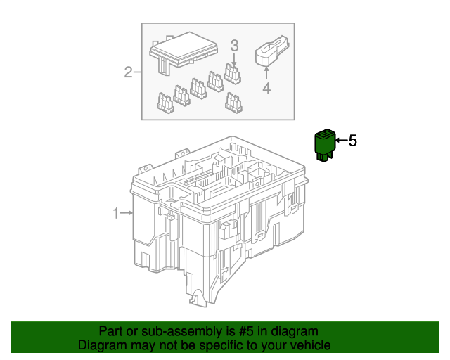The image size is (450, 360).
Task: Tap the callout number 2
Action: pyautogui.click(x=128, y=72)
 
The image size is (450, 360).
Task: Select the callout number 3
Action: pyautogui.click(x=235, y=45)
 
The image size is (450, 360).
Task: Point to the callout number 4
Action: pyautogui.click(x=266, y=89)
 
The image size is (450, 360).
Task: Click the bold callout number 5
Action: pyautogui.click(x=353, y=141)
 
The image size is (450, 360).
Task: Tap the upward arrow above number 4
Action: pyautogui.click(x=266, y=73)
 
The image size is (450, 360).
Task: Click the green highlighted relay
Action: pyautogui.click(x=323, y=144)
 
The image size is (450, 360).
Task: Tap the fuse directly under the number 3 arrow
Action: pyautogui.click(x=233, y=75)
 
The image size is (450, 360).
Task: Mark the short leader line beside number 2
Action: pyautogui.click(x=138, y=72)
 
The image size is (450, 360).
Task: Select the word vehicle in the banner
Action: pyautogui.click(x=311, y=345)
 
